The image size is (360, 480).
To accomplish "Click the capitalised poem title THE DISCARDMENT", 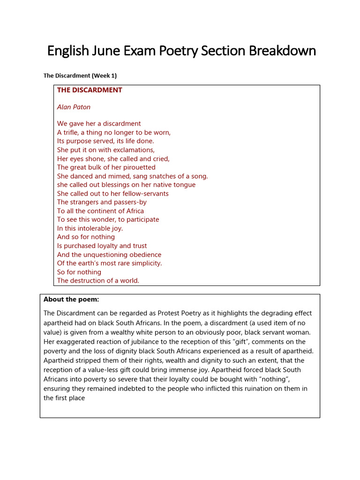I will (x=90, y=90).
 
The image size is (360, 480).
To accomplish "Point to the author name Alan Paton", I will (x=74, y=107).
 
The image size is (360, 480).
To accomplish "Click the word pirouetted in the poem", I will (x=139, y=167).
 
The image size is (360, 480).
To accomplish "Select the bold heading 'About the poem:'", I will (x=71, y=299).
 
